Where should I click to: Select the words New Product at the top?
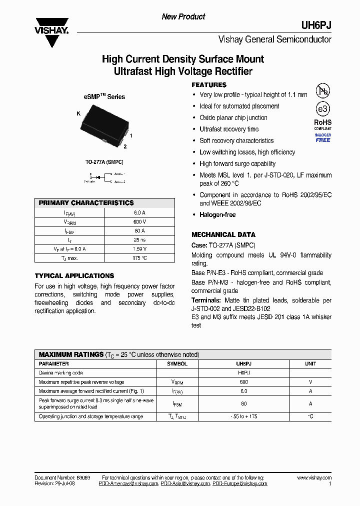(183, 17)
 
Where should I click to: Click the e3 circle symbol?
(322, 109)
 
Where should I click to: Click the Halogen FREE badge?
(322, 138)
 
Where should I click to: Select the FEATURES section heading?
(209, 85)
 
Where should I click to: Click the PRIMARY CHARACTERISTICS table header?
(86, 203)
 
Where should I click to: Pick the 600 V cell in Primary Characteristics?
(139, 221)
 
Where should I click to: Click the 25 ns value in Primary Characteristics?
(139, 239)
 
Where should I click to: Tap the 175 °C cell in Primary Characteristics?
(139, 258)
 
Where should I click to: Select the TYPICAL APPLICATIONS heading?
(74, 275)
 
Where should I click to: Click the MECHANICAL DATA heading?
(223, 234)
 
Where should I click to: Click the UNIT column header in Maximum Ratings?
(310, 364)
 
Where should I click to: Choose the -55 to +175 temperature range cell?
(244, 416)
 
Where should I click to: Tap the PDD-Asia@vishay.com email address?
(185, 484)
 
